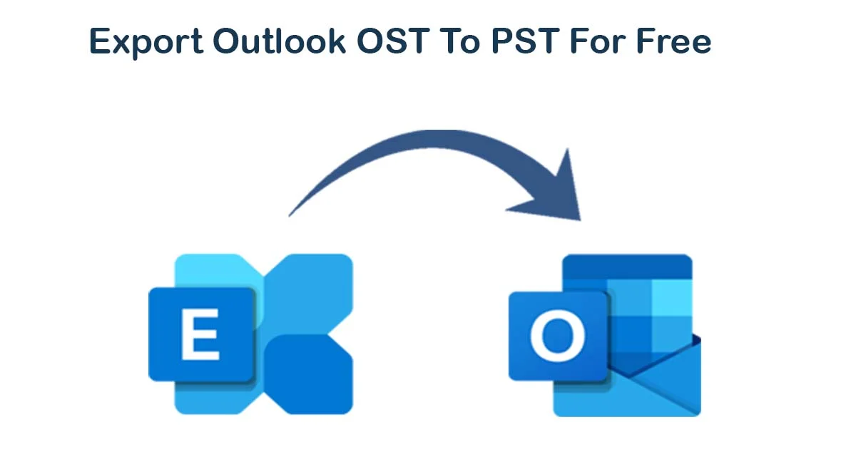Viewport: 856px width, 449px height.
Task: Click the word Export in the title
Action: coord(146,42)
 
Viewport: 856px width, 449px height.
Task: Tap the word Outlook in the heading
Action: coord(280,41)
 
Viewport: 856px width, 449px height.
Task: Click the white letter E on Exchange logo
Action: coord(200,334)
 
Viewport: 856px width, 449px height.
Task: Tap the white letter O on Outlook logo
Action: coord(558,336)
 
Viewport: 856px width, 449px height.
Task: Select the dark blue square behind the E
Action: coord(202,334)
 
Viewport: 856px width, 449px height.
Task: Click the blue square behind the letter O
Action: coord(559,336)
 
